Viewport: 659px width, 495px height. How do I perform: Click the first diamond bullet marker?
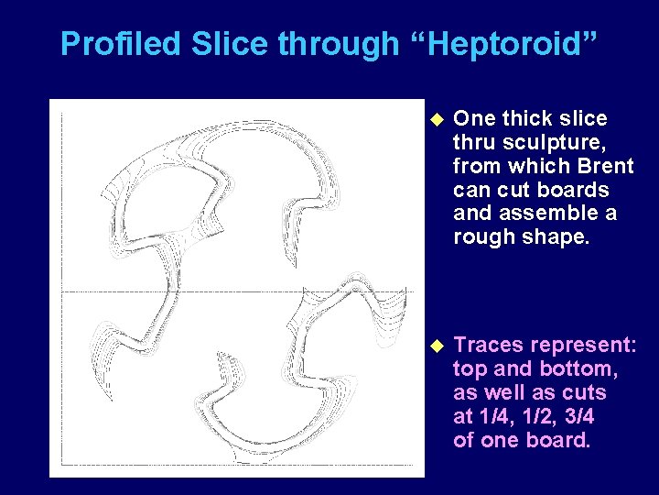tap(435, 118)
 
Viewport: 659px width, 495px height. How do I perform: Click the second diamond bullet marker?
tap(435, 345)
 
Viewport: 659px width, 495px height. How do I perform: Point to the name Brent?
tap(605, 166)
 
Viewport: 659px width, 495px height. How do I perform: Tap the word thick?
tap(530, 118)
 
